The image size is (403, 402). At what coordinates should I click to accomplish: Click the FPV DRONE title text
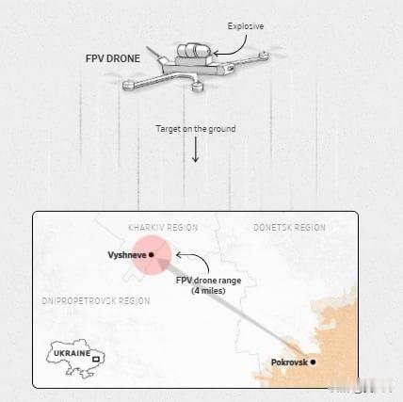113,58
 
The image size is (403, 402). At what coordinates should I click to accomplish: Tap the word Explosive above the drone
246,26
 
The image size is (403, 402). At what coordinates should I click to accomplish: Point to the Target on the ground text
196,129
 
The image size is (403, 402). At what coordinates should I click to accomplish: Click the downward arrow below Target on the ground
196,150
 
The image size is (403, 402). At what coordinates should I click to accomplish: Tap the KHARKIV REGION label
163,228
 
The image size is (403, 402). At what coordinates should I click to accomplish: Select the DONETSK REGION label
289,228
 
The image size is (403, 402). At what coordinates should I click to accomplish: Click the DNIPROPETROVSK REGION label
96,301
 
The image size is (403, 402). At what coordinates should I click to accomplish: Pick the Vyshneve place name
127,255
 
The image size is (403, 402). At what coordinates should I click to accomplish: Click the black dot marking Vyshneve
152,255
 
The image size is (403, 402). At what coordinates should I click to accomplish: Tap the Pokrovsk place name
289,362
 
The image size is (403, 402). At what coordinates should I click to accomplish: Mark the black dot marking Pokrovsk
313,362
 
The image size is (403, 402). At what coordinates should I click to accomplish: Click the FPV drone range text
208,281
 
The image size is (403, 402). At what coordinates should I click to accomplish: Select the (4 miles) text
208,291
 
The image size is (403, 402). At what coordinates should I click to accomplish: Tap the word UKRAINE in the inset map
73,353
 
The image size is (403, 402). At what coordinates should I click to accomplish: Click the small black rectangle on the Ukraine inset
96,359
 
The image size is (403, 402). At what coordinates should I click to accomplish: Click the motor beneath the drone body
197,86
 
